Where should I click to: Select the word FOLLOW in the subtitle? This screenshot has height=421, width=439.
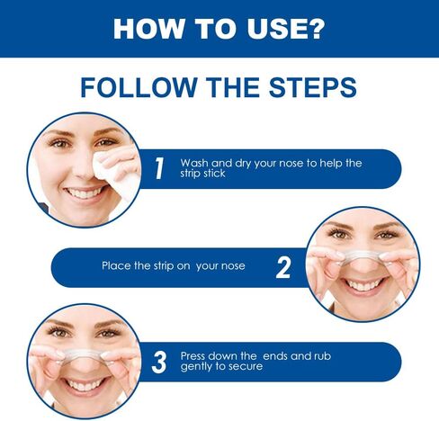coord(138,87)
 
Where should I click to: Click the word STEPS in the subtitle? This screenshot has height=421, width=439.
coord(312,87)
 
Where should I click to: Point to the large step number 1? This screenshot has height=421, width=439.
coord(159,168)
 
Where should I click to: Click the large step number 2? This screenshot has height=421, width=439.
coord(283,267)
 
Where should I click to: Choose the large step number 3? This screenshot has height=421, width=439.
coord(159,363)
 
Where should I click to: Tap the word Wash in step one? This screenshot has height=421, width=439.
coord(194,163)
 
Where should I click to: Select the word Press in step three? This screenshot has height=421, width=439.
coord(193,356)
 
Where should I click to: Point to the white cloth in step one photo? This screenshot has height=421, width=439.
coord(115,172)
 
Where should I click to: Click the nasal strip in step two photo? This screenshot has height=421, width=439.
coord(363,256)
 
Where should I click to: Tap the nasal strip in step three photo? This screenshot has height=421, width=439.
coord(83,354)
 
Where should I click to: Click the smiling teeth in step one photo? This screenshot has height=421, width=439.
coord(85,193)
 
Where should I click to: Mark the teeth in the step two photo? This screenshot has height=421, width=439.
coord(363,284)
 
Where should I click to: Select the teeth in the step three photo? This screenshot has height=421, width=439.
coord(85,384)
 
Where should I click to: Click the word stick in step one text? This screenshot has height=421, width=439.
coord(214,174)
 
